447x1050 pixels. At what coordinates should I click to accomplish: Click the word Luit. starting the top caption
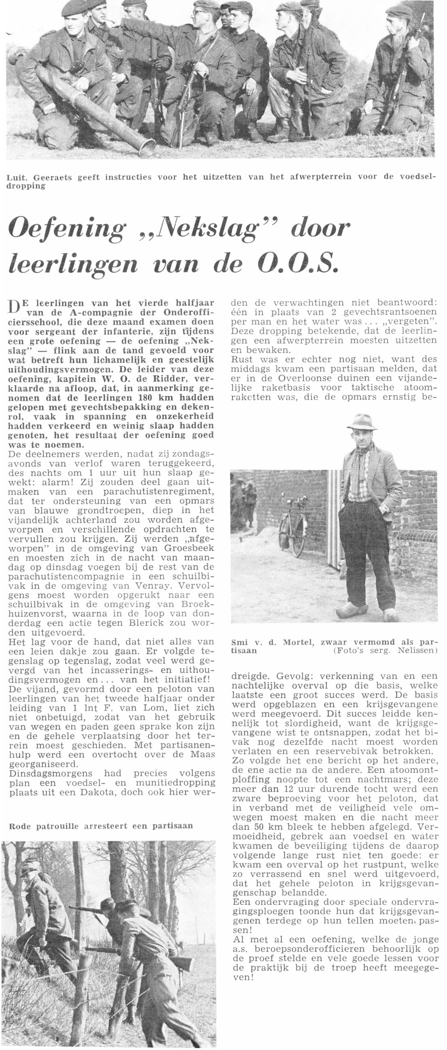[x=18, y=177]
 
